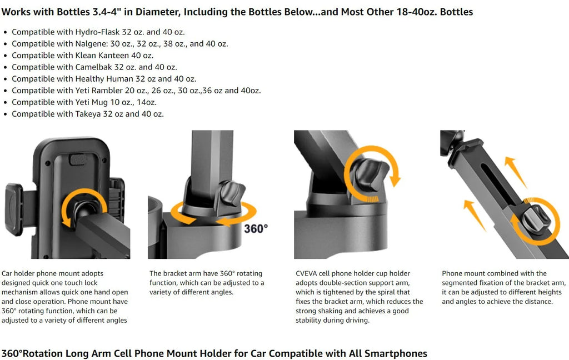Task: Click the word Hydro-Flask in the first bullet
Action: [96, 32]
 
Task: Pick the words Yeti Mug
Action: [92, 102]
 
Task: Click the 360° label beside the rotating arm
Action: [256, 228]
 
